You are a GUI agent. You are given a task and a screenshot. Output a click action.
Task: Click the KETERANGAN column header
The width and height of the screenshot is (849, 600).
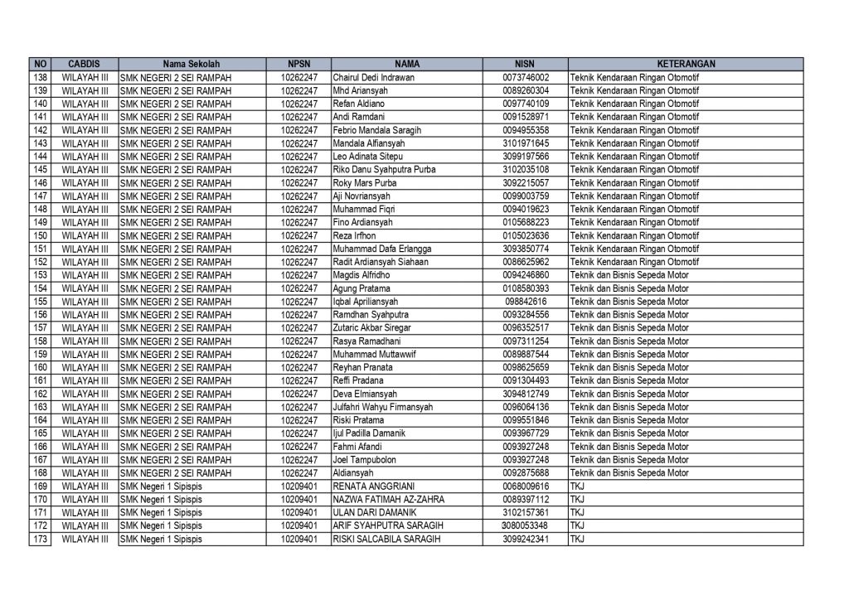686,64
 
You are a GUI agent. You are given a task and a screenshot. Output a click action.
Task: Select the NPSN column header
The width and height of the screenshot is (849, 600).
298,64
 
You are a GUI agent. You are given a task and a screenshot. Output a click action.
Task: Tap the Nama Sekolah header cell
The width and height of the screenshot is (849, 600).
192,64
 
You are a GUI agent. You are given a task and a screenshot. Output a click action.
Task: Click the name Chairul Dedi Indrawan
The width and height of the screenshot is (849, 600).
373,77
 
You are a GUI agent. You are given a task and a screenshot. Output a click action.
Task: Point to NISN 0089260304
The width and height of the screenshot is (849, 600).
526,90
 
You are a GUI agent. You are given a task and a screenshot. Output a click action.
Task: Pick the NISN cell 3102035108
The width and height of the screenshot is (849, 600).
526,169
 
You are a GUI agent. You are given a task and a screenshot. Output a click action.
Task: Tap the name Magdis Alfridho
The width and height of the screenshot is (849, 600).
361,275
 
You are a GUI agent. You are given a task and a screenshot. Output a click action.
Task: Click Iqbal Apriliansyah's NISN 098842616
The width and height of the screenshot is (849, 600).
526,302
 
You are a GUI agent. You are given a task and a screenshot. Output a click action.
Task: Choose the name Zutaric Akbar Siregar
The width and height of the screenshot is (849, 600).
372,327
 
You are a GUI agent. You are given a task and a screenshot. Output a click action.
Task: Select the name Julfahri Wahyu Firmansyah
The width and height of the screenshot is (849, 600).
381,407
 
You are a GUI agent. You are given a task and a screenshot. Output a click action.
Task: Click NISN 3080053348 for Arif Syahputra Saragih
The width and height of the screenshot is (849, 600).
525,526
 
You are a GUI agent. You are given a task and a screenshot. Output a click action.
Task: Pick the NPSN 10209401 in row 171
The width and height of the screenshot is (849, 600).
298,513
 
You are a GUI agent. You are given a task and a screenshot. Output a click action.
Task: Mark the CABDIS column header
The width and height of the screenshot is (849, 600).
85,64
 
